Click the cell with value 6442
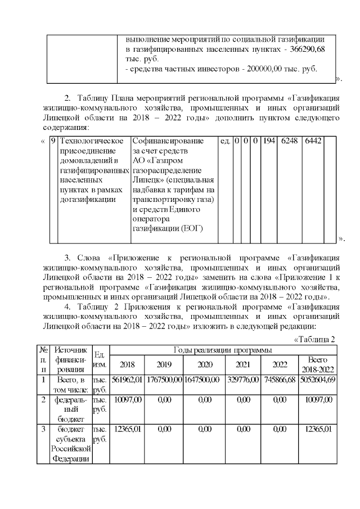[x=312, y=140]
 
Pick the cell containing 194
[x=269, y=140]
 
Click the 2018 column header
[x=127, y=364]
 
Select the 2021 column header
[x=242, y=364]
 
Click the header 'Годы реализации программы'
[x=223, y=350]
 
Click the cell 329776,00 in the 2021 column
[x=242, y=380]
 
